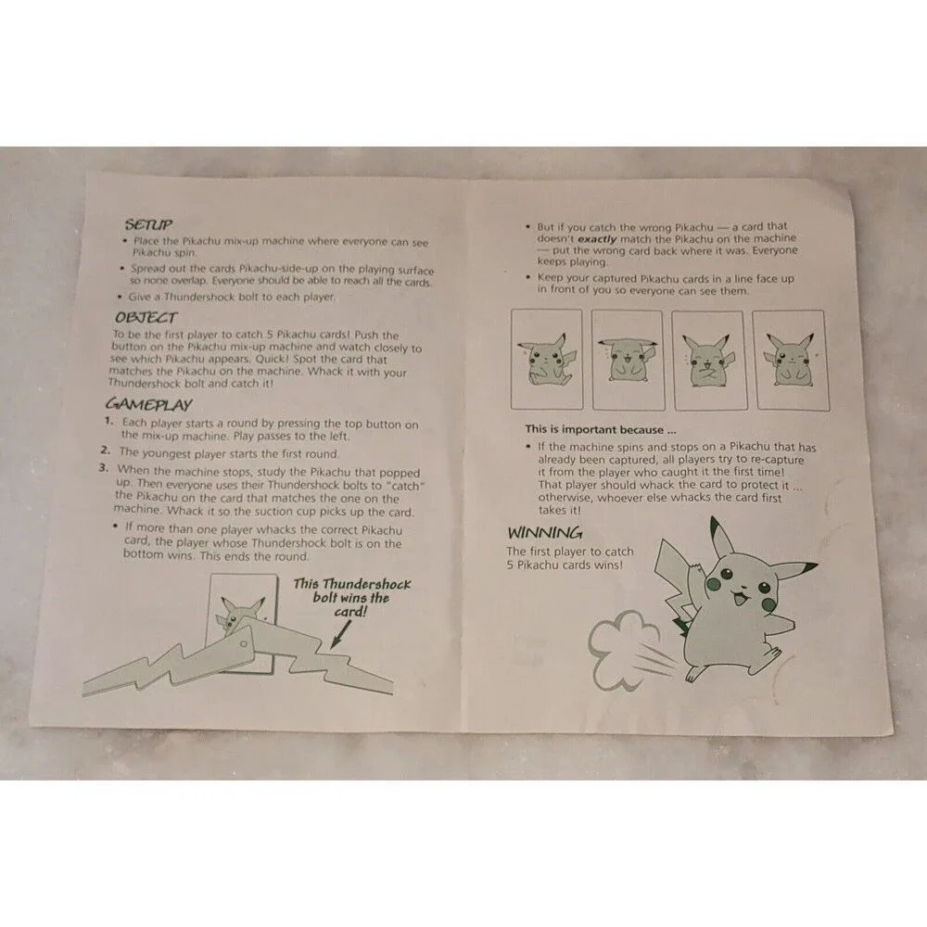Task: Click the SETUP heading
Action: pyautogui.click(x=148, y=224)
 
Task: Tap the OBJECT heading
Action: pyautogui.click(x=146, y=317)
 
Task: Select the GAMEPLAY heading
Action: pyautogui.click(x=149, y=404)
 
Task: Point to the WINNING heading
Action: pyautogui.click(x=544, y=533)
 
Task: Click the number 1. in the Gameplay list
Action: pyautogui.click(x=108, y=421)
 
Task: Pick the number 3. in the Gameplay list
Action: pyautogui.click(x=104, y=468)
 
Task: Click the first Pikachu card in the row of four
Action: pyautogui.click(x=547, y=359)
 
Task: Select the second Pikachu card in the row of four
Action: pyautogui.click(x=628, y=360)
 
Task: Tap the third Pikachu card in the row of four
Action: pyautogui.click(x=709, y=360)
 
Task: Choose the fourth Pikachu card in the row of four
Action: pyautogui.click(x=791, y=361)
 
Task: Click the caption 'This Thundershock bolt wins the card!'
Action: pyautogui.click(x=351, y=597)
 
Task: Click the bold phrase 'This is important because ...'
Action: pyautogui.click(x=601, y=430)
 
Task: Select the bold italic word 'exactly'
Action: pyautogui.click(x=596, y=239)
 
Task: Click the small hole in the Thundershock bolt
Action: pyautogui.click(x=243, y=644)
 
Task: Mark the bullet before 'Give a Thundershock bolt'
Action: pyautogui.click(x=120, y=296)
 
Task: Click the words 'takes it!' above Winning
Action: pyautogui.click(x=559, y=510)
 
